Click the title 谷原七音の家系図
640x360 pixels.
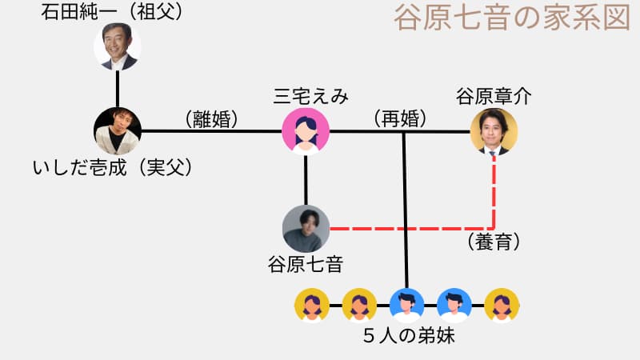click(x=512, y=18)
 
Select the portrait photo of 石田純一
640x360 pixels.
click(x=117, y=46)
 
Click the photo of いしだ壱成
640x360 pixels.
click(x=117, y=130)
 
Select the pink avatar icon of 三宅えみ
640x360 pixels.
click(x=306, y=130)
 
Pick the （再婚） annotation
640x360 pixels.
click(x=400, y=119)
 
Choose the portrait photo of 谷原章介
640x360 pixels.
click(x=494, y=130)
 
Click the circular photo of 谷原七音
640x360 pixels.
click(x=306, y=229)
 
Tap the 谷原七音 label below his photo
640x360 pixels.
click(x=306, y=263)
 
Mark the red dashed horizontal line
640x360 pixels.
click(x=412, y=229)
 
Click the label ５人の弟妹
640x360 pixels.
click(x=408, y=336)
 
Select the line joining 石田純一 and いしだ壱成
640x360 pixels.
click(x=118, y=88)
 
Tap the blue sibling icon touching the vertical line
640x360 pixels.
click(x=406, y=304)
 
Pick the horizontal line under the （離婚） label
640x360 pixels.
click(x=212, y=130)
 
